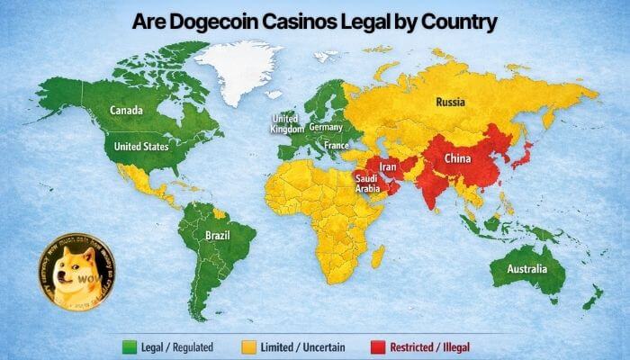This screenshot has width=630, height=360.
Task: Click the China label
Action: click(457, 159)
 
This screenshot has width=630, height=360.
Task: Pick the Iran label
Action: click(388, 167)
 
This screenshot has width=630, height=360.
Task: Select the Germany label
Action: click(325, 128)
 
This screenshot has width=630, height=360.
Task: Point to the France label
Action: click(337, 145)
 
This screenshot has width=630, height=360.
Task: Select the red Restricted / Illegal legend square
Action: click(376, 346)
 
